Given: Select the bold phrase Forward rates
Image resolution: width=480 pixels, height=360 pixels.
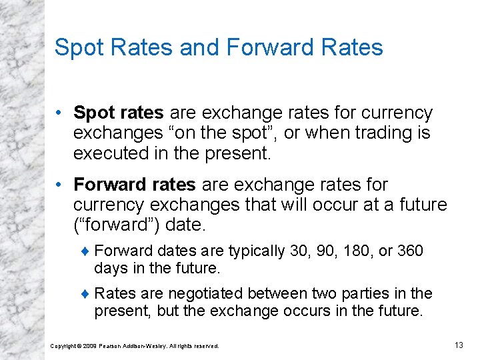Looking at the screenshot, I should pos(134,184).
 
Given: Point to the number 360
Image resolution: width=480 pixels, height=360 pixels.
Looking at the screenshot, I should pos(410,251).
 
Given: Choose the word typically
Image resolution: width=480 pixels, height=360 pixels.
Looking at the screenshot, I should pos(257,251).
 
